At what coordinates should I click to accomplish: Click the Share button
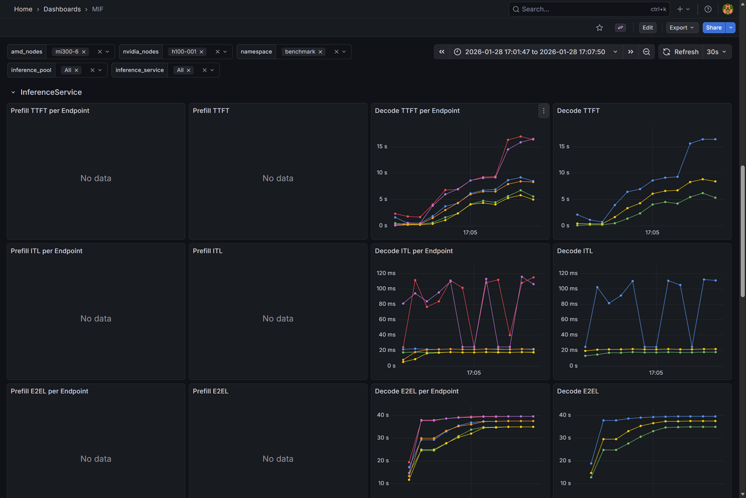[x=713, y=28]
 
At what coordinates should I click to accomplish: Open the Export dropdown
[x=681, y=28]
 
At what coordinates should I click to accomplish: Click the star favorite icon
[x=599, y=28]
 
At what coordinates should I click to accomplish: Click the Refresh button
[x=681, y=52]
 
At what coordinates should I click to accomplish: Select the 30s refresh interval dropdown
[x=716, y=52]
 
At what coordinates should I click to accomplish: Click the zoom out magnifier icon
[x=646, y=52]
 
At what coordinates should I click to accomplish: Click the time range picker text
[x=535, y=52]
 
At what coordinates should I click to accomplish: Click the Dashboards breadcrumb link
[x=62, y=9]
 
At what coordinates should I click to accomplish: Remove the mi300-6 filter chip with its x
[x=84, y=52]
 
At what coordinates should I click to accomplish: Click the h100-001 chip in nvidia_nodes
[x=184, y=52]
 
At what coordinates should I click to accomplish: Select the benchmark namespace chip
[x=300, y=52]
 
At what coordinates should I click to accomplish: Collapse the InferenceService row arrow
[x=13, y=92]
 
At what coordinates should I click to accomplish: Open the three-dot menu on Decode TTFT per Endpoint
[x=544, y=111]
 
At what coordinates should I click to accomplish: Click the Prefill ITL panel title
[x=207, y=251]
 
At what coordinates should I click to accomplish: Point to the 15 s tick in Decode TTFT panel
[x=564, y=146]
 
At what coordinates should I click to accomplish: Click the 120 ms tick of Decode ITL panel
[x=568, y=273]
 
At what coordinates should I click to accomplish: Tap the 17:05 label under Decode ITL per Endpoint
[x=474, y=373]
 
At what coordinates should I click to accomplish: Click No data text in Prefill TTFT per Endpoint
[x=96, y=178]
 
